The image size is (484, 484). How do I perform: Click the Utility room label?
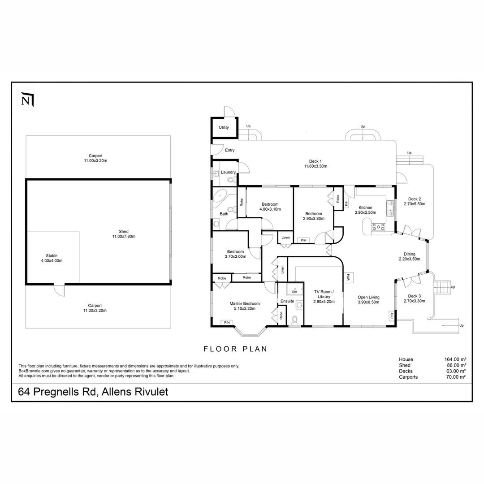point(224,128)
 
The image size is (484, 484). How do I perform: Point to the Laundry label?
point(228,172)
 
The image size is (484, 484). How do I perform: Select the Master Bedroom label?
point(244,303)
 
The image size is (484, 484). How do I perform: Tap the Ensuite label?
point(287,301)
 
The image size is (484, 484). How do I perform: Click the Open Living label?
point(368,297)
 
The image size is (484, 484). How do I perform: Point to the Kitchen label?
point(365,207)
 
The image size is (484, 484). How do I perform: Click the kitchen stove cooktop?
point(379,227)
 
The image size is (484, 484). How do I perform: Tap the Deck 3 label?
point(414,296)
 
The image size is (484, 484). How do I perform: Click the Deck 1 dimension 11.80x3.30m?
point(315,166)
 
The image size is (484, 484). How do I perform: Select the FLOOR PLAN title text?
point(235,349)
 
